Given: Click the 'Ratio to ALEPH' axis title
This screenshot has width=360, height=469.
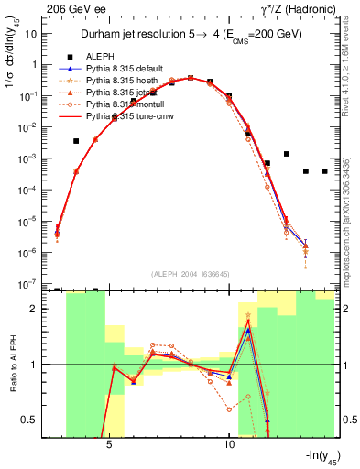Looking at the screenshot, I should [14, 365].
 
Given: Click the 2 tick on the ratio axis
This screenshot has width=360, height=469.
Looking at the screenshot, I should [39, 309].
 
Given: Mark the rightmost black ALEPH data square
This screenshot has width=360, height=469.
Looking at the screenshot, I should [325, 171].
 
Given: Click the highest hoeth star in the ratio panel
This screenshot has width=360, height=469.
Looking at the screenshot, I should [248, 315].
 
